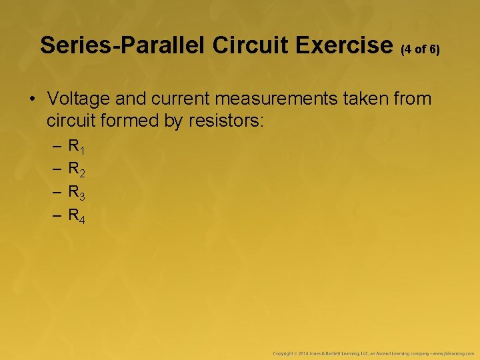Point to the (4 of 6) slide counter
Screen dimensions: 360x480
[x=420, y=49]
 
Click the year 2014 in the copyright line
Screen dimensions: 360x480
[x=302, y=352]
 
